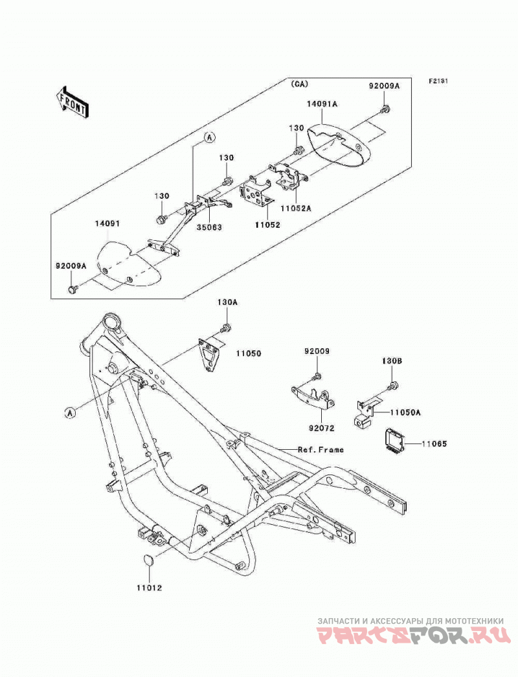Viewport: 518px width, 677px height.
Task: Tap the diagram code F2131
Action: pyautogui.click(x=438, y=81)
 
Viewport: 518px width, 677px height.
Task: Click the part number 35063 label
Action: pyautogui.click(x=208, y=227)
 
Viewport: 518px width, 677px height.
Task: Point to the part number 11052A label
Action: pyautogui.click(x=295, y=208)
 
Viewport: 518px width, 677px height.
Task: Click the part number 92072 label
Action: pyautogui.click(x=322, y=428)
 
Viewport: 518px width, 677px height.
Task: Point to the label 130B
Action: pyautogui.click(x=392, y=360)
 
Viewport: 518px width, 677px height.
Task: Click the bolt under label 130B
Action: pyautogui.click(x=392, y=385)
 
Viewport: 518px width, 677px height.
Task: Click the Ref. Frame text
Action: pyautogui.click(x=321, y=449)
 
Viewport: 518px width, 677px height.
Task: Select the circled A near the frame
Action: pyautogui.click(x=70, y=413)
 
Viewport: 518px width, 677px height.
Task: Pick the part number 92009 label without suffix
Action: pyautogui.click(x=317, y=351)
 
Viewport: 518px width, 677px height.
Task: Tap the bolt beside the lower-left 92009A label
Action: pyautogui.click(x=71, y=289)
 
